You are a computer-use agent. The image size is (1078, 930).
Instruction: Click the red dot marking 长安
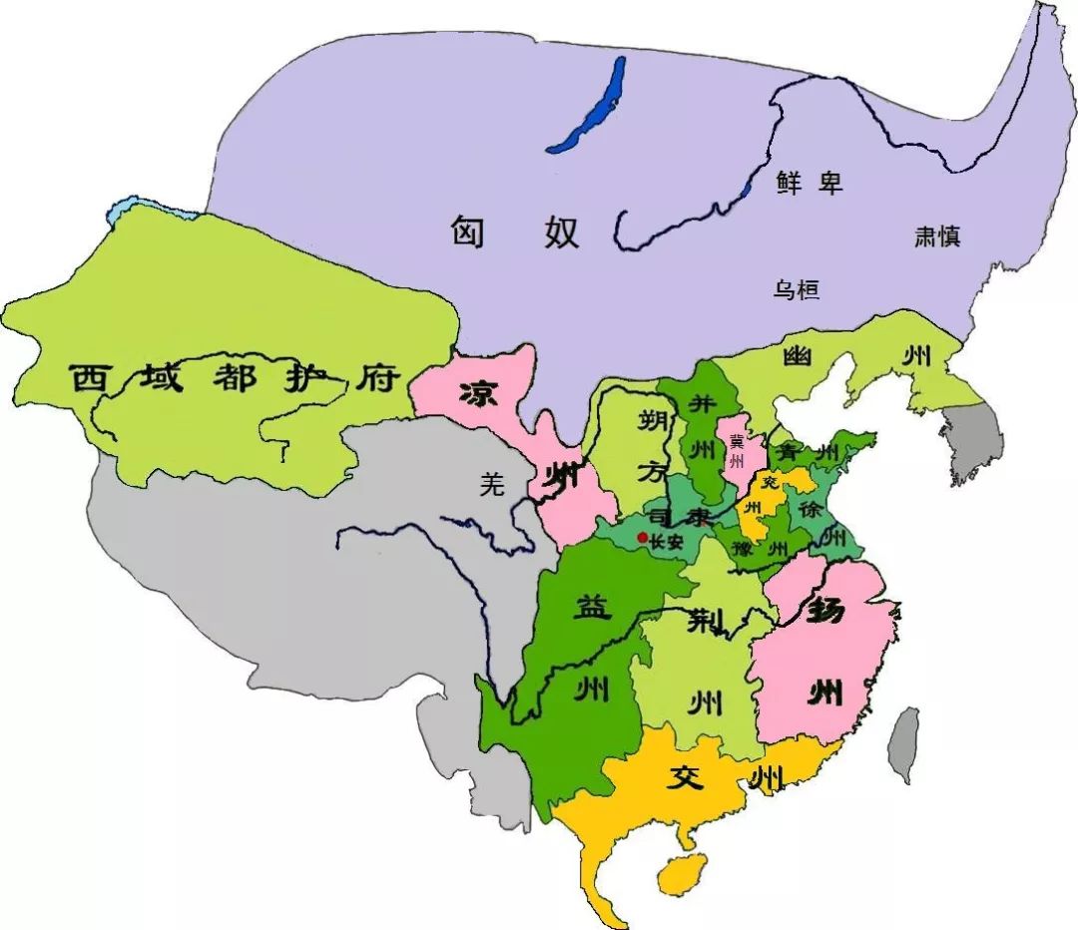(x=642, y=539)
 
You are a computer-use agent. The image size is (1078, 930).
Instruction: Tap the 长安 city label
(x=666, y=541)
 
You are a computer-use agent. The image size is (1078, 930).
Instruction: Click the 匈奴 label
(x=513, y=232)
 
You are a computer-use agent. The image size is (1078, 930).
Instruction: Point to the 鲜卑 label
(x=809, y=183)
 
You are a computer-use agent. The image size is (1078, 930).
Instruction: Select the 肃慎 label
(x=937, y=236)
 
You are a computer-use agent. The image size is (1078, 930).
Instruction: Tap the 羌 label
(x=489, y=484)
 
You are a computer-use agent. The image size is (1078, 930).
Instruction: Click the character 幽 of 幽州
(x=797, y=356)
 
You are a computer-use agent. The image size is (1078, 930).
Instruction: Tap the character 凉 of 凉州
(x=480, y=394)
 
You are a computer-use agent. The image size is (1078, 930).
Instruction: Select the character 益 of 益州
(x=590, y=606)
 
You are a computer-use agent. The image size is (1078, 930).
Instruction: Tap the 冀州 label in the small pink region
(x=737, y=452)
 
